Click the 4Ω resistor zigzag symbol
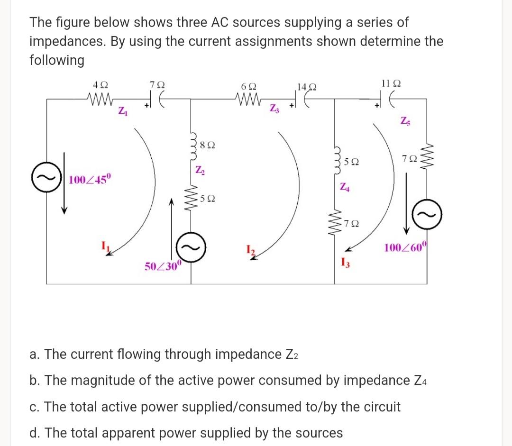tap(100, 100)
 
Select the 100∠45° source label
tap(90, 180)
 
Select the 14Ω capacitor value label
tap(305, 87)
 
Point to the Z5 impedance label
tap(406, 121)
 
